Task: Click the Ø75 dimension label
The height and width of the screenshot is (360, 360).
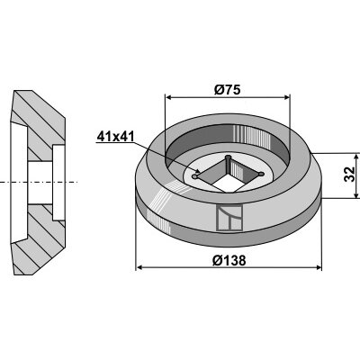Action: point(228,90)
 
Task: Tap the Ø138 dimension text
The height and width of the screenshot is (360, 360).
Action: point(229,260)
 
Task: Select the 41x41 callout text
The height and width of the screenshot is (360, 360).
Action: point(115,137)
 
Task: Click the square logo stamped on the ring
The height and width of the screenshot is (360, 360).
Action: point(229,218)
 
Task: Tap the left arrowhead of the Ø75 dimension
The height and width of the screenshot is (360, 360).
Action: point(169,97)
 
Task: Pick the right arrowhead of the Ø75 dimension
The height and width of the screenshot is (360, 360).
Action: point(287,97)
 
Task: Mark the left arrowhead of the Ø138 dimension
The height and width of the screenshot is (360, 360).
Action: point(139,267)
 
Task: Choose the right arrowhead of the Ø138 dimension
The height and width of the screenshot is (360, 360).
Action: point(318,267)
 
